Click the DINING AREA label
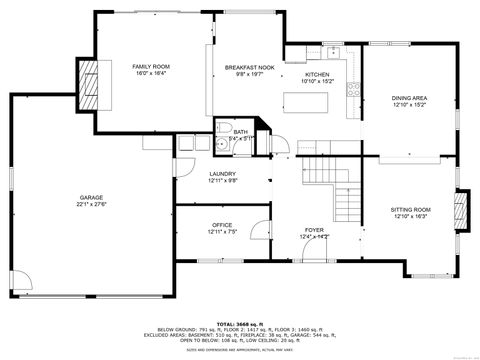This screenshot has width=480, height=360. [409, 97]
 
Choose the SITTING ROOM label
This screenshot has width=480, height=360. [409, 209]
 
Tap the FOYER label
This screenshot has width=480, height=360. [314, 230]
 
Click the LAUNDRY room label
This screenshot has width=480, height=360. [222, 174]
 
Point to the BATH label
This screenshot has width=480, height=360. [240, 132]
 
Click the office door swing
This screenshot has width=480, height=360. [259, 230]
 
